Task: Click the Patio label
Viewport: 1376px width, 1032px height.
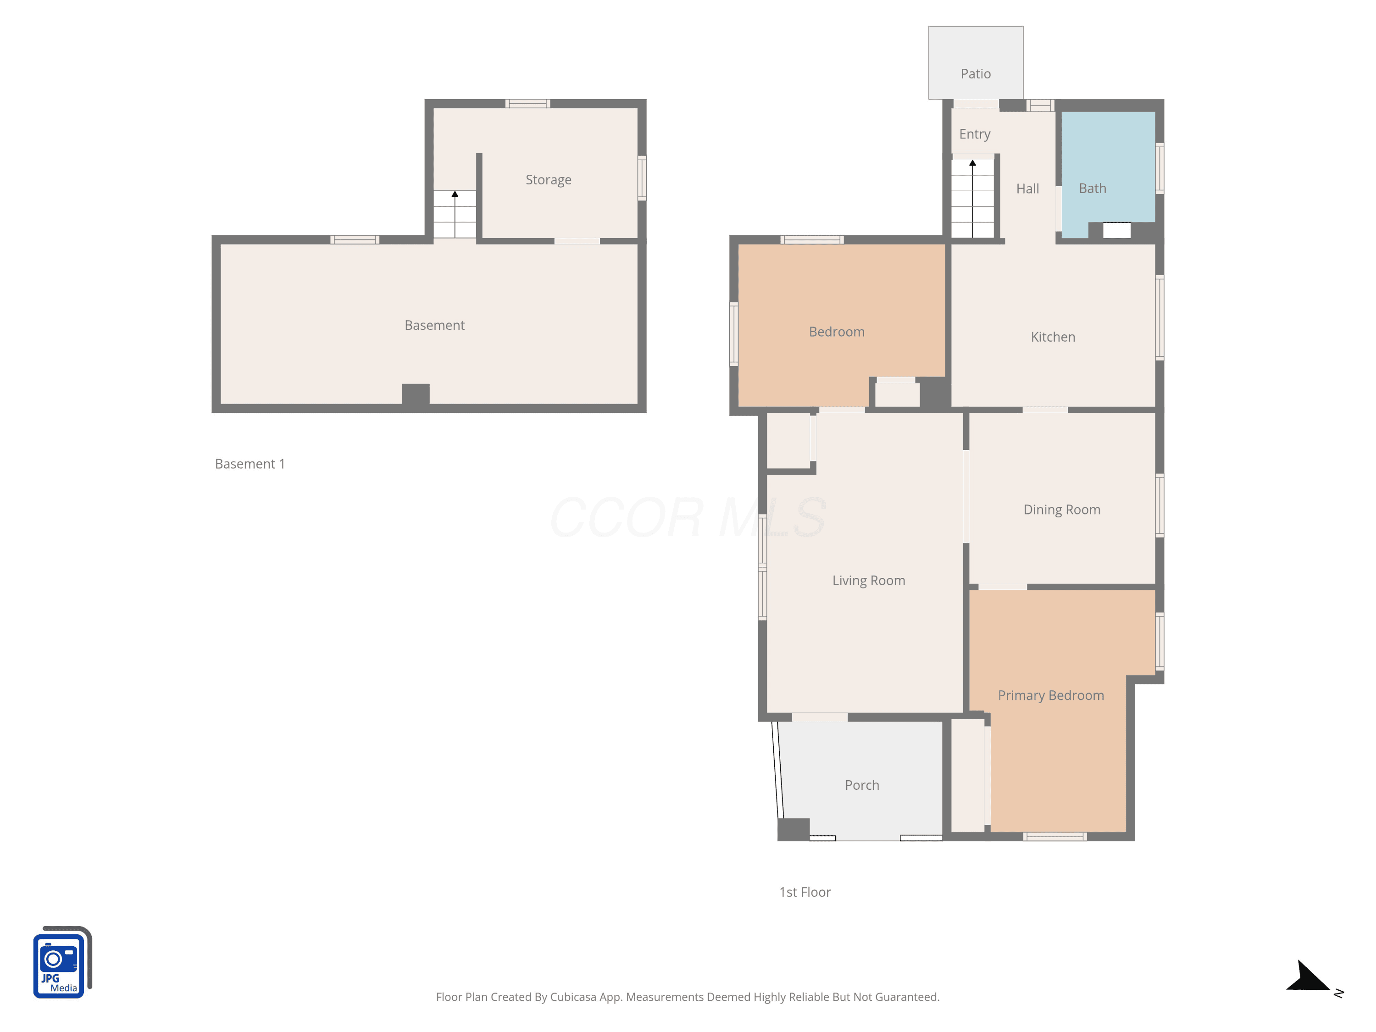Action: click(976, 74)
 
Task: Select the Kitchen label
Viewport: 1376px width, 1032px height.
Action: click(1053, 337)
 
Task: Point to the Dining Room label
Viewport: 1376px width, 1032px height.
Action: click(1062, 510)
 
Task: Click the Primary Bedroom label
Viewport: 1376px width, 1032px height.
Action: click(1051, 695)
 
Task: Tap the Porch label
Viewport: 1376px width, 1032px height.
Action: click(861, 785)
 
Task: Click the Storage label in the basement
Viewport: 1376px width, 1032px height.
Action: click(548, 180)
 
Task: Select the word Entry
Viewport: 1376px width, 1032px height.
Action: click(974, 134)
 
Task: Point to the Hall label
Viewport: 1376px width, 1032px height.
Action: click(1027, 189)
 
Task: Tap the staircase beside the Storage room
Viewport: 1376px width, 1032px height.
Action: click(455, 214)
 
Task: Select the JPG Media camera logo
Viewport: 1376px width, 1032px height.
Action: click(62, 962)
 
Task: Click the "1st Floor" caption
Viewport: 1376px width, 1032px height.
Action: click(805, 893)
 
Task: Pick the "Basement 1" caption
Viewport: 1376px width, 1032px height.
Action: click(250, 464)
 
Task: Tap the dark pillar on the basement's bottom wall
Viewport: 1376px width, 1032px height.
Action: click(416, 396)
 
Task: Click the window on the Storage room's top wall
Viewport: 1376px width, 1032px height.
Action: click(527, 104)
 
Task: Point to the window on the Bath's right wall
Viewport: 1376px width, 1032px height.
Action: click(1160, 168)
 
